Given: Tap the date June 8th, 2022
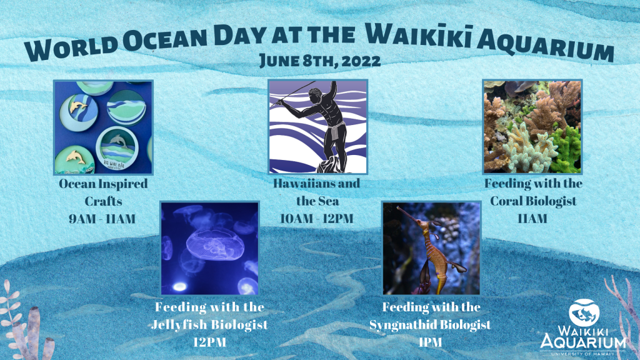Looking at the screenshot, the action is coord(321,61).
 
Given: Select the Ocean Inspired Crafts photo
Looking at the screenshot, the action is coord(104,127).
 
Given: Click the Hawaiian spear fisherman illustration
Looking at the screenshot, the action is coord(317,126).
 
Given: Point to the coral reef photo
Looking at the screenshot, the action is coord(532,126).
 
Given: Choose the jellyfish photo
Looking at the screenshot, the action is coord(210,248).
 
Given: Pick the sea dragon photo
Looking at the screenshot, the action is coord(431,248).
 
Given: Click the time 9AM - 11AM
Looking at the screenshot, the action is coord(102,219).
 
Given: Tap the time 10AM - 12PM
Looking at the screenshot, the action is coord(317,218).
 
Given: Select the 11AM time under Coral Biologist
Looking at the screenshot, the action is coord(532,218).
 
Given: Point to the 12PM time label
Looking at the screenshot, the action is coord(210,342).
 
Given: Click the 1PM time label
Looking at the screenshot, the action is coord(430,342).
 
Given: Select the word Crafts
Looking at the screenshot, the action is coord(103,201).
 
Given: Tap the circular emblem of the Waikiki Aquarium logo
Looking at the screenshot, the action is coord(584,312).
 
